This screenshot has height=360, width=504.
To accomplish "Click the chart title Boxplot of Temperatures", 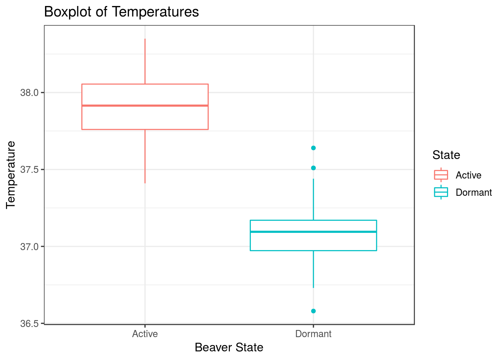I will [x=121, y=12].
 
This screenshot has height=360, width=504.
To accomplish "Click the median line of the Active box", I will [x=145, y=106].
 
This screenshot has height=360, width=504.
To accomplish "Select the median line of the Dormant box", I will [x=313, y=232].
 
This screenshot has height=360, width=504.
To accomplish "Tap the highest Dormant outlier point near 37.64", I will [x=313, y=148].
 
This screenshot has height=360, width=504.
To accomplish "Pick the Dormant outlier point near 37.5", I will [x=313, y=168].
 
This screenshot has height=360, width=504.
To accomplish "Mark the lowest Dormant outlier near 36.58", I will [x=313, y=311].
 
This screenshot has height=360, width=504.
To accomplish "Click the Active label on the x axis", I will [x=145, y=334].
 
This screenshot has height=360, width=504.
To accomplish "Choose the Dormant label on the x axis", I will [x=313, y=334].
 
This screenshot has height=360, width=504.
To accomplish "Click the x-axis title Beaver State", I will [x=229, y=348].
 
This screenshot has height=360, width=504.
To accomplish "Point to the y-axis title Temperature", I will [x=11, y=174].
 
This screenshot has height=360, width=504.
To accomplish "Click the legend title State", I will [x=446, y=155].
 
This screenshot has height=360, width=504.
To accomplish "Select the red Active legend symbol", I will [x=441, y=175].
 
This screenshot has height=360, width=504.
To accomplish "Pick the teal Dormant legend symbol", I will [x=441, y=192].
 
